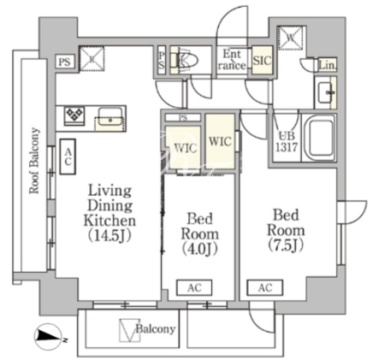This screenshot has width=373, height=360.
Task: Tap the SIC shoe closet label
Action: click(263, 61)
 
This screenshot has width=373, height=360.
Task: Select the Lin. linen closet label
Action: click(328, 65)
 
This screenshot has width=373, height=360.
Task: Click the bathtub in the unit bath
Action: click(319, 138)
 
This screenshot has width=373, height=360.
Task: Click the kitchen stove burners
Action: click(74, 115)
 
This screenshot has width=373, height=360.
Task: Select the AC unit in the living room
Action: click(68, 156)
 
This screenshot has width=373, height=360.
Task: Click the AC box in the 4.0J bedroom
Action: click(194, 287)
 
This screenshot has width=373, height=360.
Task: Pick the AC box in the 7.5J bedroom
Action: click(265, 287)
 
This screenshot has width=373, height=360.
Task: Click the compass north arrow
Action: click(48, 336)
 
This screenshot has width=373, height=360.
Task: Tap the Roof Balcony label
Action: click(34, 161)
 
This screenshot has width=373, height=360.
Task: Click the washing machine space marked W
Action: click(290, 38)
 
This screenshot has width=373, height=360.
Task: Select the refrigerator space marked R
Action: click(92, 59)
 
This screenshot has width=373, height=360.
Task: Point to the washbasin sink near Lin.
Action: click(325, 92)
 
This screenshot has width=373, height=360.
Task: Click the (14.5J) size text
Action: click(110, 236)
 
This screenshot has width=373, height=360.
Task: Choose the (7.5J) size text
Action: click(286, 245)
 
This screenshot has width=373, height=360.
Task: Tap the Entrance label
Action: click(232, 60)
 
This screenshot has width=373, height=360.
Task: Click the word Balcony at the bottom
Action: click(156, 329)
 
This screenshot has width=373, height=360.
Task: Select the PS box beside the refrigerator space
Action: click(65, 62)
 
